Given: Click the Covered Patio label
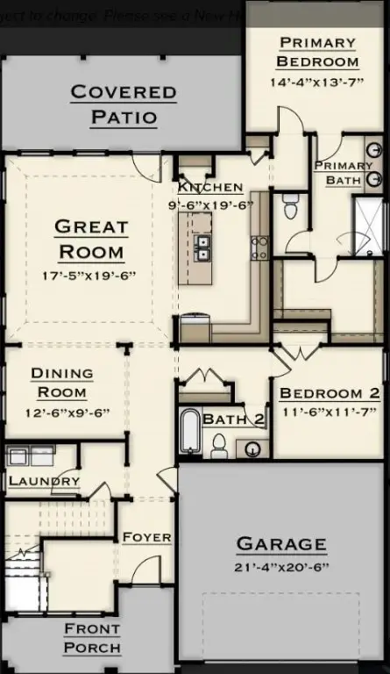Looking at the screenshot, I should (123, 104).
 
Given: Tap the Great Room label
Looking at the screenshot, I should (91, 239).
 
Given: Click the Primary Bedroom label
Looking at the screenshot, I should (317, 52).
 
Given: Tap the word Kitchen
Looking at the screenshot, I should (210, 188).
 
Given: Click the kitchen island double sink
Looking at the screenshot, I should (202, 248).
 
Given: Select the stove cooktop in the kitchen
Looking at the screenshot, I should (259, 247).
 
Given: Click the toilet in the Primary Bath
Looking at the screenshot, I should (291, 207).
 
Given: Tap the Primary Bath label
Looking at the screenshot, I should (343, 173).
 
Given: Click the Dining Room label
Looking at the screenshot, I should (61, 383).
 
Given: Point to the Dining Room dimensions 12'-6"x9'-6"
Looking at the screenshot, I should (61, 412).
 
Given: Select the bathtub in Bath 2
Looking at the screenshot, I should (189, 432).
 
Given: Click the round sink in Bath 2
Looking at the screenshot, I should (252, 449).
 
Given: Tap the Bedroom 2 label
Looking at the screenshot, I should (330, 393).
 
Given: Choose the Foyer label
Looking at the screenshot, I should (146, 537).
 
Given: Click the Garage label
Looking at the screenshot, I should (281, 544).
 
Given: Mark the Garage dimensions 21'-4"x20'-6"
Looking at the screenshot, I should (281, 569).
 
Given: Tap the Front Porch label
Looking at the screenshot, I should (91, 639).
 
